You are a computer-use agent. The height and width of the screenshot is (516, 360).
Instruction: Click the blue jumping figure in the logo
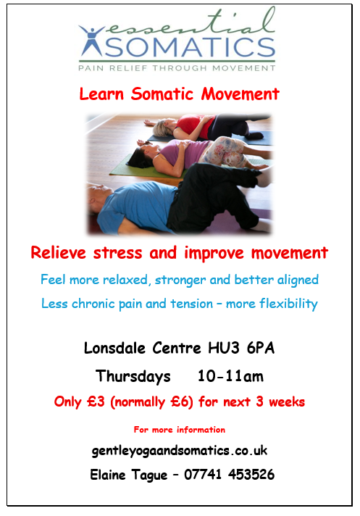point(91,40)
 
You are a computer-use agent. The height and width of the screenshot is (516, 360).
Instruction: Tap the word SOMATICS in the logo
point(190,46)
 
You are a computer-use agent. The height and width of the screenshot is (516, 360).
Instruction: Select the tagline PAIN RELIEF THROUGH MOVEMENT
point(177,68)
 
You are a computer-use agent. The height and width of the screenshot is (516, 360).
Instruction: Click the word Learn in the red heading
point(101,94)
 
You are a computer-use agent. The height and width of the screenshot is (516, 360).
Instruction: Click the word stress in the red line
point(117,254)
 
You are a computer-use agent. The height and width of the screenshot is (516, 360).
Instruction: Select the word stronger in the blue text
point(180,280)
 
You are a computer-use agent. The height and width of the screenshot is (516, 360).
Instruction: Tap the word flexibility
point(288,304)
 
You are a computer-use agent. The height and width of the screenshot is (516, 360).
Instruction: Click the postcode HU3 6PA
point(241,348)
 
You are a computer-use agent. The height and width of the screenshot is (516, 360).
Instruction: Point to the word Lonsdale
point(114,348)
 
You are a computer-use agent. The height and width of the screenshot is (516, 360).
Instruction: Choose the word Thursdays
point(133,376)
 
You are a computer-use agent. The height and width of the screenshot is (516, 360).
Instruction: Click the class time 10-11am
point(230,376)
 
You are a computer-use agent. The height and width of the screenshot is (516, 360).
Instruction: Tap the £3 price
point(96,401)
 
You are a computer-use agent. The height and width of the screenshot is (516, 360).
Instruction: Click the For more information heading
point(180,430)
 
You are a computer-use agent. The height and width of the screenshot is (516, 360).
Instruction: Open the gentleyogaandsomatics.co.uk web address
point(180,451)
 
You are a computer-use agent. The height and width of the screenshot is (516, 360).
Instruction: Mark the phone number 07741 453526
point(229,475)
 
